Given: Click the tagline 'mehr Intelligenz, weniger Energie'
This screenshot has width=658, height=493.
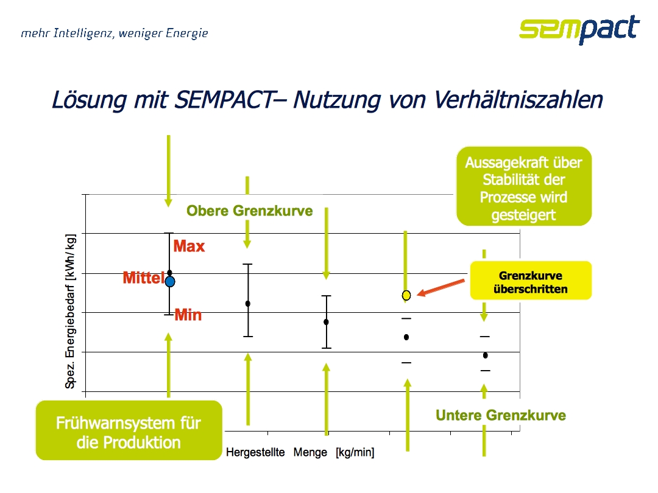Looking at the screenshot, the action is tap(115, 33).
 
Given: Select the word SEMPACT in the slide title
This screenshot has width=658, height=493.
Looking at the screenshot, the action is tap(224, 100).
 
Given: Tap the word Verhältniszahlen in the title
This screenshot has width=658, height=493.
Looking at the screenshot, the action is tap(518, 100).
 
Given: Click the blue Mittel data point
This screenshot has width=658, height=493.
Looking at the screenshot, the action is tap(170, 282).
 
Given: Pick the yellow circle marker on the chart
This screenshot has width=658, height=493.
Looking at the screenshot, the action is tap(406, 296).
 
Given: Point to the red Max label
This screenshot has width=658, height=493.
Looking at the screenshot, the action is tap(189, 246).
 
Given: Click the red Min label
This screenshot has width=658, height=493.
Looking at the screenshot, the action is tap(188, 315).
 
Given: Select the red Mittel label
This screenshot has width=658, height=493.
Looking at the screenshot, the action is tap(144, 278).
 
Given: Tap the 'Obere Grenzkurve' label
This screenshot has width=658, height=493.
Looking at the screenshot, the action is tap(250, 211).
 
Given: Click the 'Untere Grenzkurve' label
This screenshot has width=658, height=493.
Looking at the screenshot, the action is tap(501, 415).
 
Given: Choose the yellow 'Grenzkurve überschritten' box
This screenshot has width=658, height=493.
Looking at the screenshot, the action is tap(531, 281).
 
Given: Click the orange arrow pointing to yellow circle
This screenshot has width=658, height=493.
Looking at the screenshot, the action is tap(441, 288).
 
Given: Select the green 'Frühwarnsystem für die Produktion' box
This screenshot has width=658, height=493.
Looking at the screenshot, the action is tap(129, 430).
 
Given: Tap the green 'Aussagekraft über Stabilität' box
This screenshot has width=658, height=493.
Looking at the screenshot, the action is tap(524, 186).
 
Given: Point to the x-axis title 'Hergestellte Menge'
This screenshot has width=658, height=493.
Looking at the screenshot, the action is tap(277, 452).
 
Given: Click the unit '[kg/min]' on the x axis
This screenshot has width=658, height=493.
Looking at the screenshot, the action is tap(355, 452).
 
